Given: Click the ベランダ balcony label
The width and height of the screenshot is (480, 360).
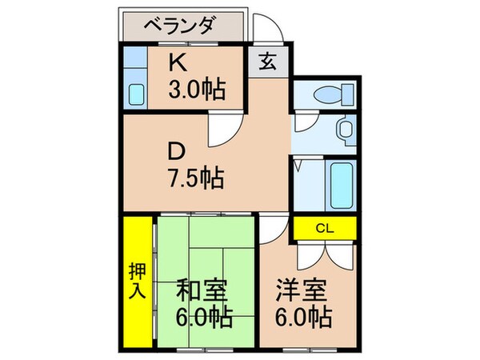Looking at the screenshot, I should pos(179,26).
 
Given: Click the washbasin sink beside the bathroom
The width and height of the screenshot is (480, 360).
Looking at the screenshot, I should pos(346,129).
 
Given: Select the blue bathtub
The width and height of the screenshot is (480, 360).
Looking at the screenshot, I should pos(342,186).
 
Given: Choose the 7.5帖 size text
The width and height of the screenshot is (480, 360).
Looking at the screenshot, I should pos(195,177).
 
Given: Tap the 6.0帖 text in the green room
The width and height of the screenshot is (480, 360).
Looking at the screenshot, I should pos(206,318).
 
